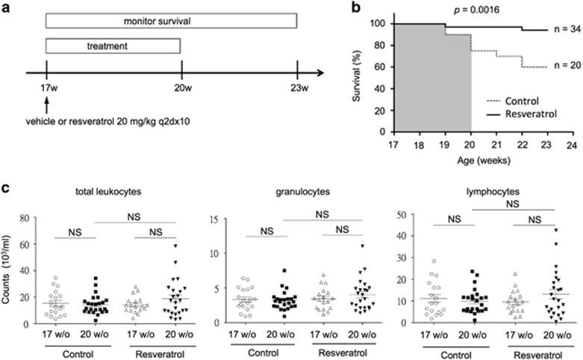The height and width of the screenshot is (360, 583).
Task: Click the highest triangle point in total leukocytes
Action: (175, 245)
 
